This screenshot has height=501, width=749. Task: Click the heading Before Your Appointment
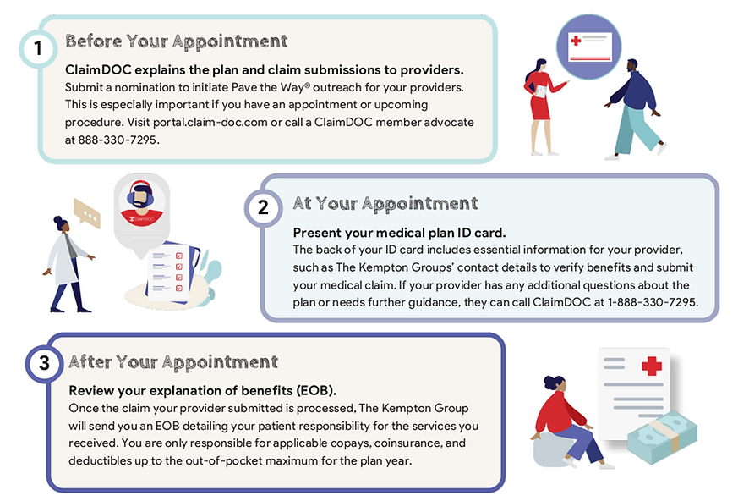pos(176,41)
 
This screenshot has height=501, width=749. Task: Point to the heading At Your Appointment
pos(385,204)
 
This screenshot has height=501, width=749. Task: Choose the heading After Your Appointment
pos(173,362)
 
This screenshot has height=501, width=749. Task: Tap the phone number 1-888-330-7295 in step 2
pos(652,302)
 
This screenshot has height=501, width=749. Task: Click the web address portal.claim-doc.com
pos(242,122)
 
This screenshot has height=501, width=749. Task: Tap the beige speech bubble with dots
pos(86,213)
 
